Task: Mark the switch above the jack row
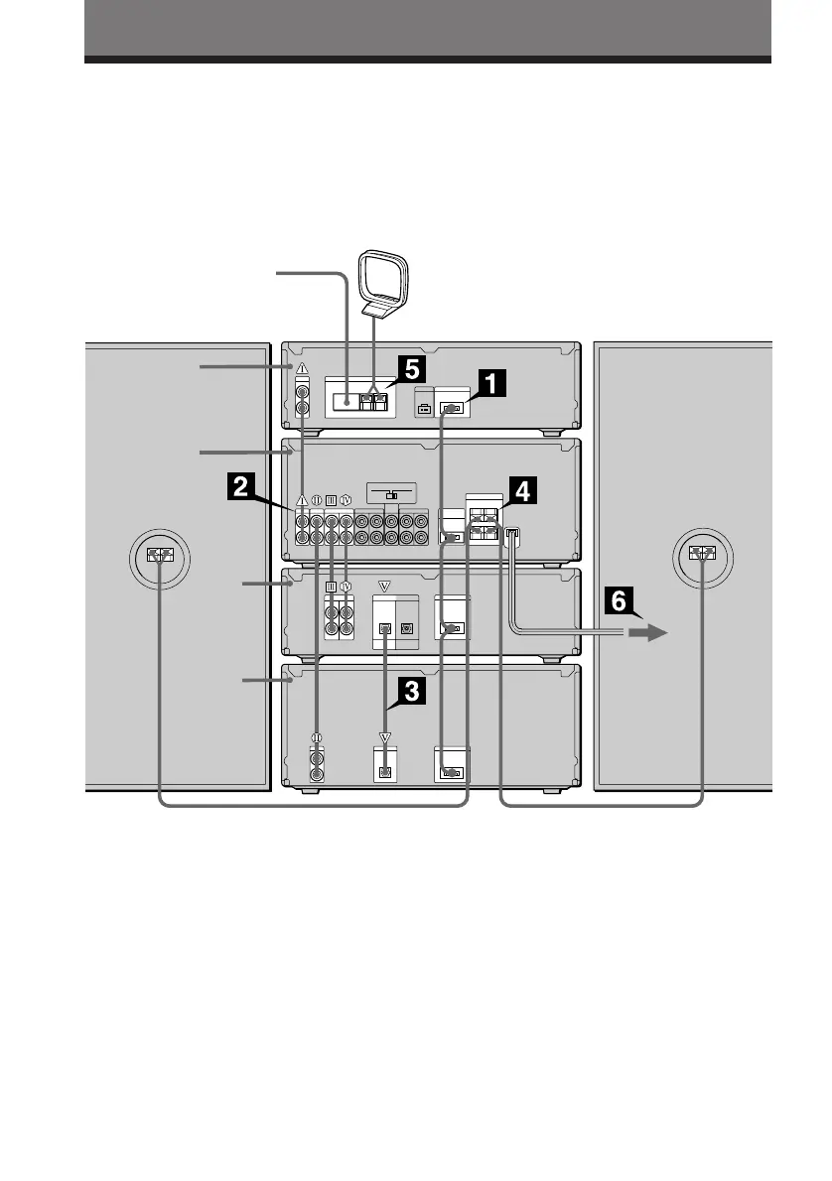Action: pyautogui.click(x=391, y=494)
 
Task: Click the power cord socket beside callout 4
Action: pyautogui.click(x=512, y=537)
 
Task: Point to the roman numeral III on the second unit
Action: pyautogui.click(x=331, y=500)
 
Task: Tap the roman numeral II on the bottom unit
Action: pyautogui.click(x=317, y=736)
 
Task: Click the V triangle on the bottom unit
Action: pyautogui.click(x=386, y=737)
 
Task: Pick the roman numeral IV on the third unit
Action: pyautogui.click(x=347, y=586)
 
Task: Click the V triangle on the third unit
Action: pyautogui.click(x=385, y=586)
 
